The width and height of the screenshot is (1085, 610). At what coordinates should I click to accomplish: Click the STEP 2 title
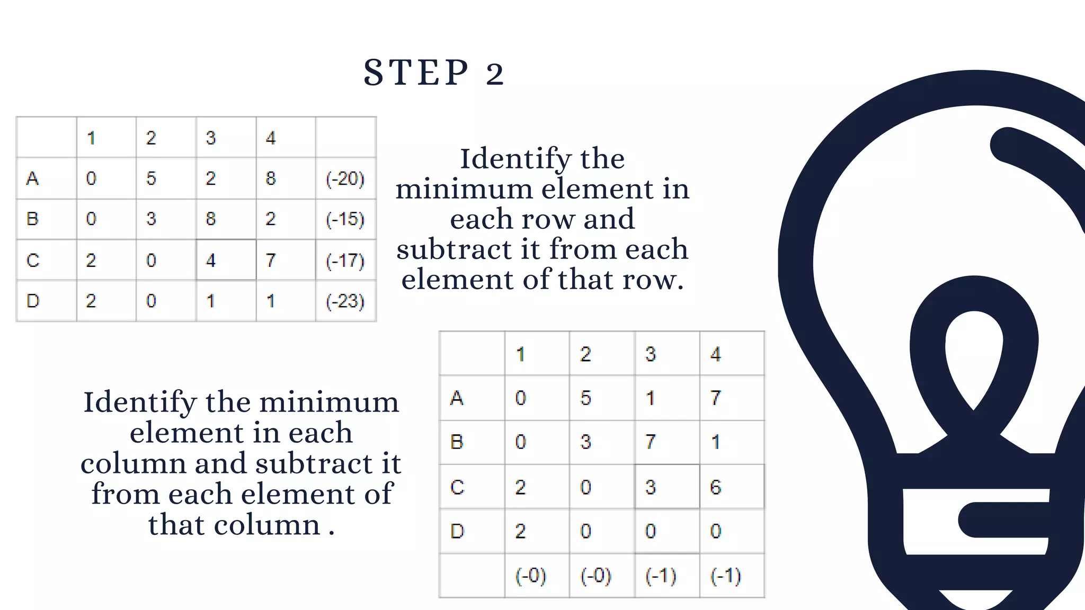point(433,73)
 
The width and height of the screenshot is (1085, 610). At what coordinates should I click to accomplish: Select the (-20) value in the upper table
point(345,178)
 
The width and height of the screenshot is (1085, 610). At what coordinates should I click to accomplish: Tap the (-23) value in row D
point(345,301)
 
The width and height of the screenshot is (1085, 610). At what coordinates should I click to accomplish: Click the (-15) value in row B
point(345,219)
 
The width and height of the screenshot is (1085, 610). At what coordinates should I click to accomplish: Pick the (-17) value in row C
point(345,260)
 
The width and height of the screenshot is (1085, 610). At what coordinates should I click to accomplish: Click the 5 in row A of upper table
point(151,178)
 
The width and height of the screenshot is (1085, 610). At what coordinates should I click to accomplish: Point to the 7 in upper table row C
point(271,260)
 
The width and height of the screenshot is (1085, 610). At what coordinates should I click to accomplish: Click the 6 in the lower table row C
point(715,487)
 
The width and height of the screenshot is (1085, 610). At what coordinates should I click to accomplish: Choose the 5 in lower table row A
point(585,398)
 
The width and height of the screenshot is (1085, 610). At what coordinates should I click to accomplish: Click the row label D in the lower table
point(457,531)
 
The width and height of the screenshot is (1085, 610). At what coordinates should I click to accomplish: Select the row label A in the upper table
point(32,178)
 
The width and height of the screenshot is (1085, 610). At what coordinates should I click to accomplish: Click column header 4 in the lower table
point(715,354)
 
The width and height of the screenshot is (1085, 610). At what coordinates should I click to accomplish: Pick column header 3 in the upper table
point(211,138)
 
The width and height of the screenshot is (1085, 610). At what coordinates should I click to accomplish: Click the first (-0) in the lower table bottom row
point(530,575)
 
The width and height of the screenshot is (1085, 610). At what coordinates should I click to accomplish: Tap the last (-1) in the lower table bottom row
point(725,575)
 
